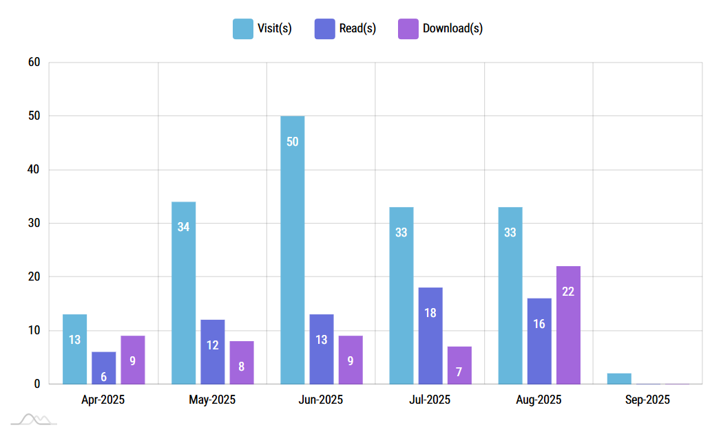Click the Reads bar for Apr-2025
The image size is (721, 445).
coord(103,368)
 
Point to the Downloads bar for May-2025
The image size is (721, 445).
coord(242,362)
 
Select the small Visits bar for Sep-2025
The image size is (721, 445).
coord(619,378)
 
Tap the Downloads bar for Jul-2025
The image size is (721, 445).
coord(459,365)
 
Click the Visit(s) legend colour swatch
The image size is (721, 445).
coord(242,28)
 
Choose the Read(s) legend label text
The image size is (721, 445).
coord(357,28)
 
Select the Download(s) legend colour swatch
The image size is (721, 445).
coord(408,28)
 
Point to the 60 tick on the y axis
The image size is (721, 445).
coord(34,63)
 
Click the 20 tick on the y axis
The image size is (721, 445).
coord(34,276)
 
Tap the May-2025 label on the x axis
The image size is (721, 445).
coord(212,400)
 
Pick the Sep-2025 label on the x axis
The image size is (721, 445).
coord(647,400)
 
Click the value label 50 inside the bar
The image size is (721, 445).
coord(292,142)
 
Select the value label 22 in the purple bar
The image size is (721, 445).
coord(568,292)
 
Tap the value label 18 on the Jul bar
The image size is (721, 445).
coord(430,313)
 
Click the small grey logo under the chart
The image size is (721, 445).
coord(34,420)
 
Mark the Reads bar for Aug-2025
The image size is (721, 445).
coord(539,341)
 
